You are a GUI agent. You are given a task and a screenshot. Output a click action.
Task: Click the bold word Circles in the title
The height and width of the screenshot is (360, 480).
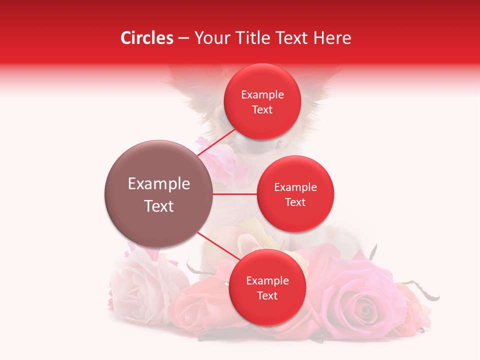147,38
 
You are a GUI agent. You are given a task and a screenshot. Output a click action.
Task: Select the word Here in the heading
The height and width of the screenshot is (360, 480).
332,38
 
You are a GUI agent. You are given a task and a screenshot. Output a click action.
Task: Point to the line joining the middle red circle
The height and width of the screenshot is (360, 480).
235,194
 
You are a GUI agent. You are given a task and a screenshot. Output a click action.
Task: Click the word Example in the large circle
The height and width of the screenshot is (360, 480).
159,184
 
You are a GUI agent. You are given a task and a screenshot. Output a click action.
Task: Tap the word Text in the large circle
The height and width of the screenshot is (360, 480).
159,206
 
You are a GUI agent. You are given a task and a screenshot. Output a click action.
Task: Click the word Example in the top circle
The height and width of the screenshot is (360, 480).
262,95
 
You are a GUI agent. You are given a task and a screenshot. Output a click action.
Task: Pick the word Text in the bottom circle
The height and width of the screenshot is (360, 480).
267,295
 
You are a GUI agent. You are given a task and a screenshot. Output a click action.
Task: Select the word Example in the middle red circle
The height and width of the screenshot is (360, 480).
295,187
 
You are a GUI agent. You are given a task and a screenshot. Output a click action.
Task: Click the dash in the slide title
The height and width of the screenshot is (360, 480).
183,38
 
